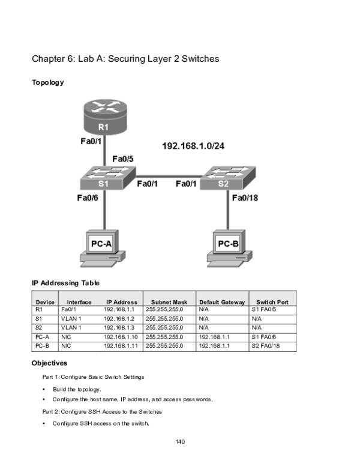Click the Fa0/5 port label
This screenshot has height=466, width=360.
point(124,159)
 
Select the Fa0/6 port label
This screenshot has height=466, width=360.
point(88,198)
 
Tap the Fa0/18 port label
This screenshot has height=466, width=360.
point(245,198)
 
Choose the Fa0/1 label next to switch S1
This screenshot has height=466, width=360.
point(148,184)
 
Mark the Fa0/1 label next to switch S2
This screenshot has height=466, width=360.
point(186,184)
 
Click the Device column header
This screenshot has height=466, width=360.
point(45,302)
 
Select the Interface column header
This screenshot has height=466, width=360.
point(79,302)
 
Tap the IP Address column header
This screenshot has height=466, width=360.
point(122,302)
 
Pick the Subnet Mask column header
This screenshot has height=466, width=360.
point(170,302)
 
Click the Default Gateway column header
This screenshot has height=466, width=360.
point(222,302)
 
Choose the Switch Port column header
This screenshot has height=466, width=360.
point(272,302)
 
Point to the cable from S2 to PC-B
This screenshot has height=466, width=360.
point(228,210)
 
